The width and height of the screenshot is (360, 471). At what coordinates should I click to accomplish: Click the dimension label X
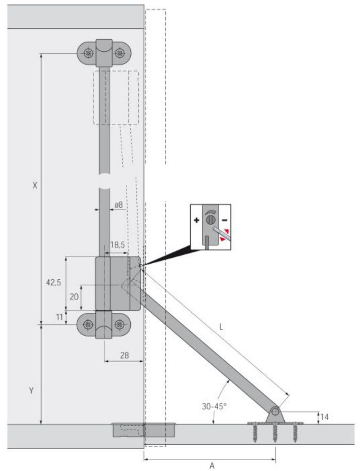click(35, 186)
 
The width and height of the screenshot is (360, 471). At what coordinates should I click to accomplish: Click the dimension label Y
click(31, 391)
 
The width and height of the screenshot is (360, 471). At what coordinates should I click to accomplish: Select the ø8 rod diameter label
click(119, 205)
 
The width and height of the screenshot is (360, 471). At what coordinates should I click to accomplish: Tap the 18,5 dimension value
click(117, 245)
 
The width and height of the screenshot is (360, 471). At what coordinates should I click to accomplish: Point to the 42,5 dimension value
click(53, 282)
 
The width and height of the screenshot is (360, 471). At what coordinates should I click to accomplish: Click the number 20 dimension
click(74, 297)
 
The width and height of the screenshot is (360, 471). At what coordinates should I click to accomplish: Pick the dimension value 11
click(59, 317)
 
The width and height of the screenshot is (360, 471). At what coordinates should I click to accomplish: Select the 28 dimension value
click(124, 355)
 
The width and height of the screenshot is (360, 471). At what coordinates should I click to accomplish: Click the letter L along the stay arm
click(221, 327)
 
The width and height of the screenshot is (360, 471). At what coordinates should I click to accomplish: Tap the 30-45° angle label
click(214, 406)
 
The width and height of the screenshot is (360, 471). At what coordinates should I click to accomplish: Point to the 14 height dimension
click(324, 417)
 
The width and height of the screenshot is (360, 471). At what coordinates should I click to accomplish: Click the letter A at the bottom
click(212, 466)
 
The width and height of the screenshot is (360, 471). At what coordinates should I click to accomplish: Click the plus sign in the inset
click(197, 220)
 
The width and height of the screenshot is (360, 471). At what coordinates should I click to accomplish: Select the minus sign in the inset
click(224, 220)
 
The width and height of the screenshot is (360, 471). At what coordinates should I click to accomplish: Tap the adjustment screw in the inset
click(211, 220)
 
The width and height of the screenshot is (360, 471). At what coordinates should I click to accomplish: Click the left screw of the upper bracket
click(88, 54)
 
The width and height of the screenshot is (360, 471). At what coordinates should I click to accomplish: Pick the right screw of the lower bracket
click(120, 325)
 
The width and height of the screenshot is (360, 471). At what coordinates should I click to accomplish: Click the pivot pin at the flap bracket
click(275, 412)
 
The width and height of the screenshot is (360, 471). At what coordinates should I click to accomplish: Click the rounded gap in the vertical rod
click(104, 181)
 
